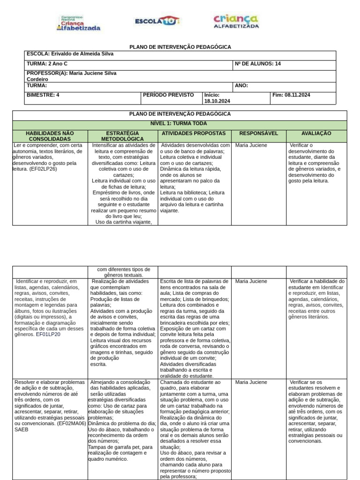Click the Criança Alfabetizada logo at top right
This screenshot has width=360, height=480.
point(236,21)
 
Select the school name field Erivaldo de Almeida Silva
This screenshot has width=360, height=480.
point(70,54)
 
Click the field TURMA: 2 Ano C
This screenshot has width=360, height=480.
point(47,64)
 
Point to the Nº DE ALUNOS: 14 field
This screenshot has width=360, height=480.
point(257,64)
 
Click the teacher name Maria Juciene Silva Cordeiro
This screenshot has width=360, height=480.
point(71,76)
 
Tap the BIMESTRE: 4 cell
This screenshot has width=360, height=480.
point(43,95)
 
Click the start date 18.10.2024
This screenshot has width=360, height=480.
point(217,101)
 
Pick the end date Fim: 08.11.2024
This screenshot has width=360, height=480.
point(291,95)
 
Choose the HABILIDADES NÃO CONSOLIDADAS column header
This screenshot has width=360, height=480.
point(50,136)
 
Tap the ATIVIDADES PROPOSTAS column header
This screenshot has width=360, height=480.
point(194,134)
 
